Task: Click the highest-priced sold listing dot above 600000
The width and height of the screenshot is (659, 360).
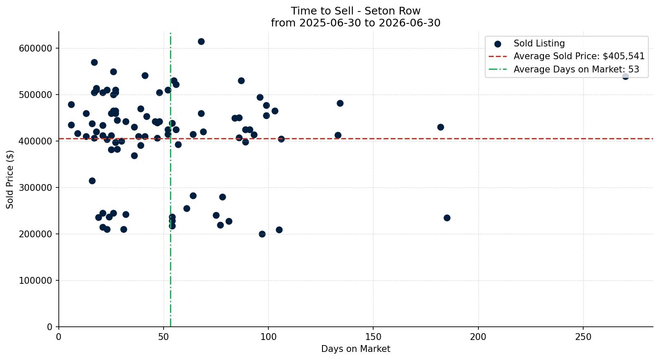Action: pos(201,41)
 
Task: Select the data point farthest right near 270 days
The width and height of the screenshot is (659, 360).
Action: pos(625,76)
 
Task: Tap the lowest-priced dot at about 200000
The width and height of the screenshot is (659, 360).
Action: pos(262,234)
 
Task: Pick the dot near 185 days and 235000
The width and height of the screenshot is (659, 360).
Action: pos(447,218)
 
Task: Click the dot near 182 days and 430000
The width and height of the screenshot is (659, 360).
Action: pos(440,127)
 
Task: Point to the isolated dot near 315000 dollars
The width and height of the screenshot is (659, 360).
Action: pos(92,181)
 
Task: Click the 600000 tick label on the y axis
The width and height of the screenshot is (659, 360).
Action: pos(36,48)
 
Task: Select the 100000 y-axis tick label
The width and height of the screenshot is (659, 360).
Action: pos(36,281)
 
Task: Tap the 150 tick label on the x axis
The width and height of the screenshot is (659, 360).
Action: pos(373,337)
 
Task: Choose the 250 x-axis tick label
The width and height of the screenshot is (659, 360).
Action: pos(583,337)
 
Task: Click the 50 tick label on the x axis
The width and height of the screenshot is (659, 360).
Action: pos(164,337)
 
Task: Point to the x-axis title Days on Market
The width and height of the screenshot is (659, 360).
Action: pos(356,349)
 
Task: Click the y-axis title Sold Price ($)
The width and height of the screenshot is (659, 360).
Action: pos(10,180)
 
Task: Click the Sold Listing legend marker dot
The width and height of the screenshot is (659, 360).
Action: pos(498,44)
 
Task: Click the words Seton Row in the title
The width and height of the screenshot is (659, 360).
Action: pos(392,11)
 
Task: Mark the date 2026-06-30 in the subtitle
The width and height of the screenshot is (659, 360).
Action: pos(409,23)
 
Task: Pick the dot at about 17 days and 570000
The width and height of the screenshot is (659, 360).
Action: pos(94,62)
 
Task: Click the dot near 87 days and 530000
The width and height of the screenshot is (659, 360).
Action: pos(241,81)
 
